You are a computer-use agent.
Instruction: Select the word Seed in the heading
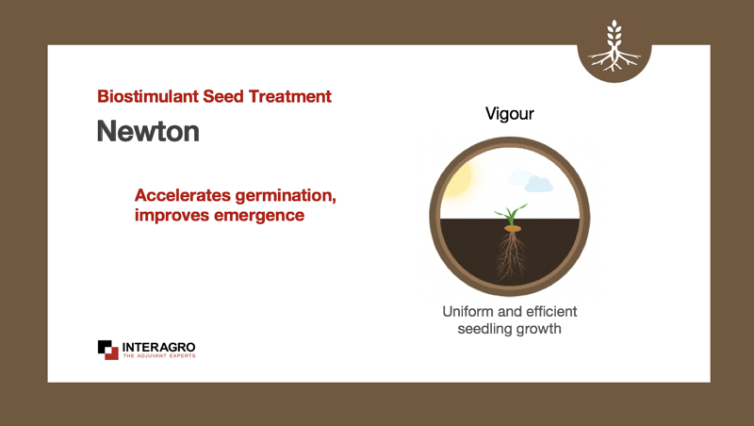point(223,96)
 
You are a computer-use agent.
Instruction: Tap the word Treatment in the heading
point(289,96)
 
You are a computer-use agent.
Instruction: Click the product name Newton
point(148,131)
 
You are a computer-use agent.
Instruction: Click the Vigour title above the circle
point(510,114)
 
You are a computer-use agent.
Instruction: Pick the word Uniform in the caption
point(467,312)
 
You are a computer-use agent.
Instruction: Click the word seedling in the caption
point(484,329)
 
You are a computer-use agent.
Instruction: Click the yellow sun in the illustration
point(458,180)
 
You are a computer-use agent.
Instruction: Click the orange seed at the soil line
point(513,229)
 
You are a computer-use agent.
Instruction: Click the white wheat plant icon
point(615,46)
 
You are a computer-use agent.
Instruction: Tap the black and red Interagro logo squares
point(108,350)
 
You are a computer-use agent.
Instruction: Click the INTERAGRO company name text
point(158,347)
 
